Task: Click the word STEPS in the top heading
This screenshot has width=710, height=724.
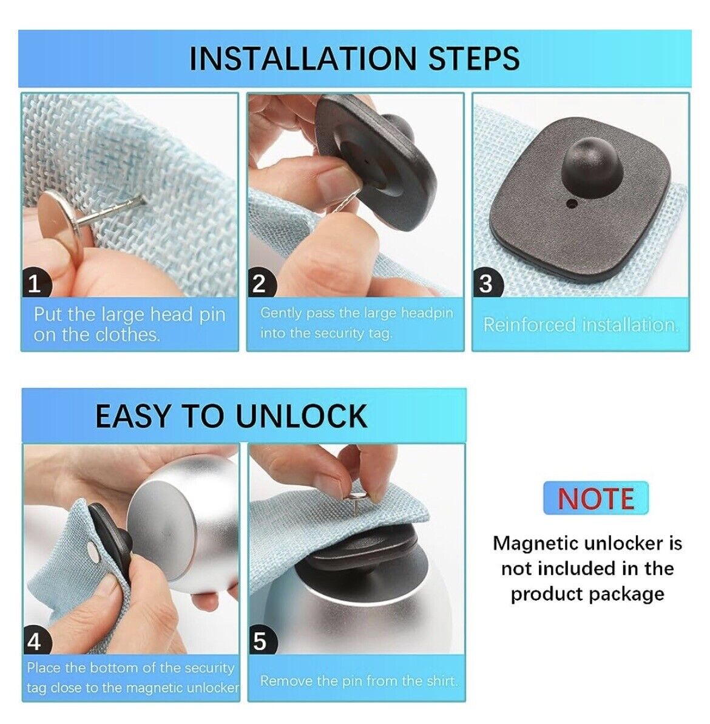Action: [475, 59]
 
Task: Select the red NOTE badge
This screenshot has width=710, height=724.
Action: [595, 498]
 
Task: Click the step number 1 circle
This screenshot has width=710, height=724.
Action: [35, 284]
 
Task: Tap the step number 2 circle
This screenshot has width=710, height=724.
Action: [260, 284]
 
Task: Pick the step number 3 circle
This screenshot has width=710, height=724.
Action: [486, 284]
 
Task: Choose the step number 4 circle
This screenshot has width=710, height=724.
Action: [36, 641]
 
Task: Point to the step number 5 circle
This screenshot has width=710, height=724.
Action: [261, 641]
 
